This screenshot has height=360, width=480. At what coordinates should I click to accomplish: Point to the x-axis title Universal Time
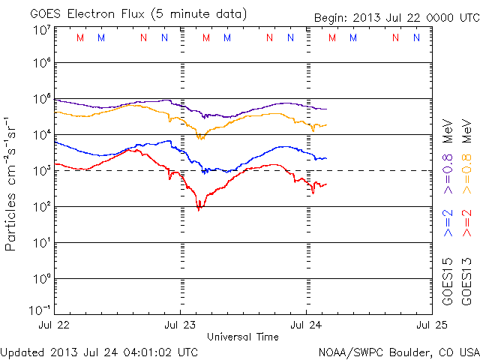(242, 337)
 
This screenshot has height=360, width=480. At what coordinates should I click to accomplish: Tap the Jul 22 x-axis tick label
(54, 325)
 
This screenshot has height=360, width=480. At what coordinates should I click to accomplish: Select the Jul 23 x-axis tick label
(180, 325)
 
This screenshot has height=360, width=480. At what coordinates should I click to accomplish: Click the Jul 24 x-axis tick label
(306, 325)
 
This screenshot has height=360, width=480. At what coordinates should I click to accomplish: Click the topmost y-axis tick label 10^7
(41, 29)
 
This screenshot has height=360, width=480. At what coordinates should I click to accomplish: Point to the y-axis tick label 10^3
(41, 171)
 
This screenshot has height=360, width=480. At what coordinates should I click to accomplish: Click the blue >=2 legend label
(448, 223)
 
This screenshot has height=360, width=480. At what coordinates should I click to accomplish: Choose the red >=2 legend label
(467, 223)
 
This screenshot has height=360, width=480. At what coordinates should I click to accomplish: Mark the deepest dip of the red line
(199, 208)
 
